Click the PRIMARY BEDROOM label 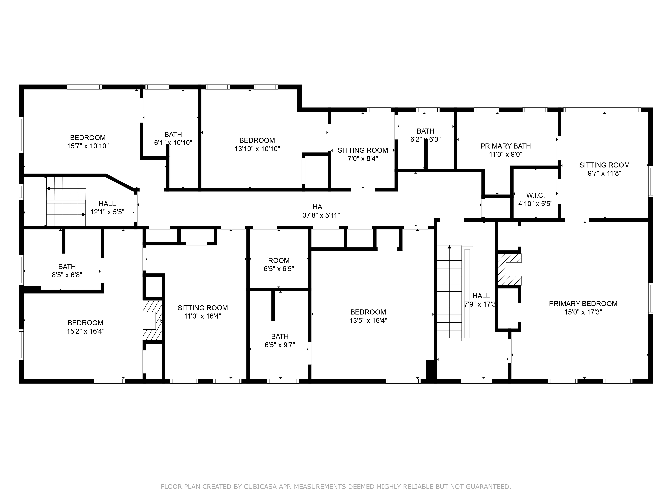pos(583,304)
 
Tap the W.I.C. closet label pos(535,195)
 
